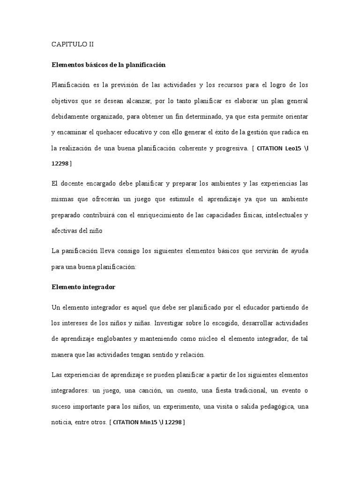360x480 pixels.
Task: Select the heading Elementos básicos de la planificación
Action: [109, 65]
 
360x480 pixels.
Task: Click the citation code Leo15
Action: [296, 148]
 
